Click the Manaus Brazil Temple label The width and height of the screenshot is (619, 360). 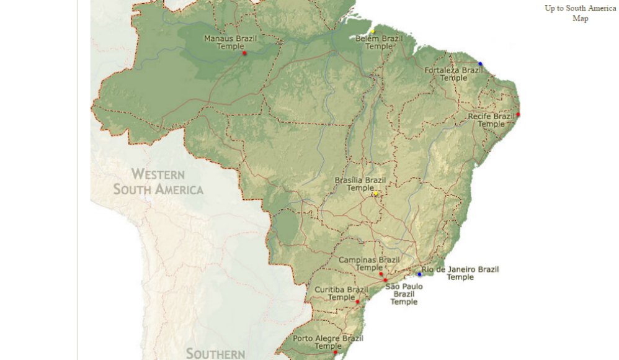230,42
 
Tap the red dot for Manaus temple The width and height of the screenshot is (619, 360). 244,53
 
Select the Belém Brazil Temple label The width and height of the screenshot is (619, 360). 379,42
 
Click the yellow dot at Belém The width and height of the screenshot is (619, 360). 373,31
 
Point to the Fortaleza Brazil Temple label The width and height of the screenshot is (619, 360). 453,74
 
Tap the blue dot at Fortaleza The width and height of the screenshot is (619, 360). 480,64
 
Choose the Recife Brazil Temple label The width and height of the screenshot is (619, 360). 491,120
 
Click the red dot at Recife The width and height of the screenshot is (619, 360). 518,115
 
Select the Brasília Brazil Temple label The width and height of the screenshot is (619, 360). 360,184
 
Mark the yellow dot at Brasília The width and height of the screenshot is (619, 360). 375,194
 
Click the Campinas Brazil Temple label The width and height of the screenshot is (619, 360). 369,263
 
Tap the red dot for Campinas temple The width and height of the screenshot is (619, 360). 381,274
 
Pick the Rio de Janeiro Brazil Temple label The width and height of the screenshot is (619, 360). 460,273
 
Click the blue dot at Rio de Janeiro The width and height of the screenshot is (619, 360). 419,274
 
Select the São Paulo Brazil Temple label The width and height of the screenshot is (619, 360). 404,294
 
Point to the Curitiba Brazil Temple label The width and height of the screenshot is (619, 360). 341,293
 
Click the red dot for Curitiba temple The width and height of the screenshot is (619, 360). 357,302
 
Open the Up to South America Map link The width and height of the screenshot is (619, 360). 580,13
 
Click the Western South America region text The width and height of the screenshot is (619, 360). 158,181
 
